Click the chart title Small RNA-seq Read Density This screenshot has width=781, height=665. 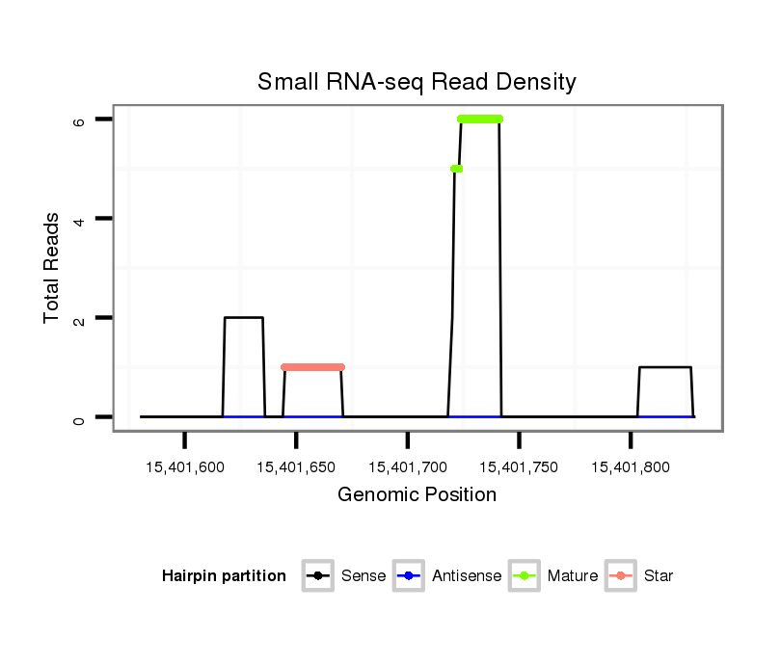(417, 82)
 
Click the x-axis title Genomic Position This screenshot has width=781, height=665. (417, 495)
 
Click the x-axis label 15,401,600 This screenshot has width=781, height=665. (185, 467)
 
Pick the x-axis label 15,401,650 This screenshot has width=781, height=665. (296, 467)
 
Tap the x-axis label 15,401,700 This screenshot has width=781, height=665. (408, 467)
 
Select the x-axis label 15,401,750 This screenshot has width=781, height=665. (519, 467)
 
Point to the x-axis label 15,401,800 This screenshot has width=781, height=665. (631, 467)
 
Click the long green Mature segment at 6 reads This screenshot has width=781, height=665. (480, 119)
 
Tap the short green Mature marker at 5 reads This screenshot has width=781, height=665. (456, 169)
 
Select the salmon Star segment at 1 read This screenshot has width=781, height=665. (312, 367)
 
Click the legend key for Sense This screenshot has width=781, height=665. (317, 576)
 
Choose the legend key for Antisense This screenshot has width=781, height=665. (408, 576)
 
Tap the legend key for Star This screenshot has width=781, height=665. (620, 576)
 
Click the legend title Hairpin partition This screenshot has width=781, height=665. (224, 576)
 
